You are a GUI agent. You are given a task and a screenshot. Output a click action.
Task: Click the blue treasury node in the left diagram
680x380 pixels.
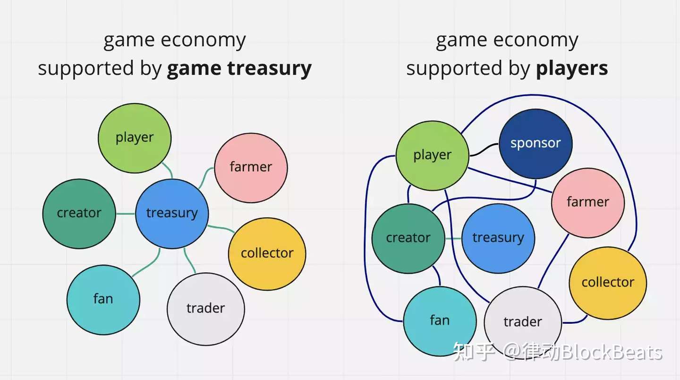[172, 214]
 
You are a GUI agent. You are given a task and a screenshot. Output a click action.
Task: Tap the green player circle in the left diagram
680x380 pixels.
[135, 138]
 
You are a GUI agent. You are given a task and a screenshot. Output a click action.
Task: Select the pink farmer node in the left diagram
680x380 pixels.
[251, 167]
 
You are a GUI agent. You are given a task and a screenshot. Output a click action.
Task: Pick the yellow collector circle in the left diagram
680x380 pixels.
[267, 254]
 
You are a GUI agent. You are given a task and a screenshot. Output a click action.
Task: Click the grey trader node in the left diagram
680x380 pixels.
[205, 309]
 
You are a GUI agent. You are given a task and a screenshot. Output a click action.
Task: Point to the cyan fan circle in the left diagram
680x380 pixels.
[103, 300]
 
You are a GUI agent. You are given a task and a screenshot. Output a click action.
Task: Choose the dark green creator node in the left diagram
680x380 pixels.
[79, 214]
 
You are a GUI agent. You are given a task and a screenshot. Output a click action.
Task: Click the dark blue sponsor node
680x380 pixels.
[535, 144]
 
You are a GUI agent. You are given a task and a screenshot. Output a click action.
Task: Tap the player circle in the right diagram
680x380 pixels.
[432, 155]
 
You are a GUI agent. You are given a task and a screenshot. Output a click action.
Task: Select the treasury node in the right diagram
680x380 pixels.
[498, 238]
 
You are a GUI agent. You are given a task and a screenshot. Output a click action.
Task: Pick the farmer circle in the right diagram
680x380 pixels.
[587, 202]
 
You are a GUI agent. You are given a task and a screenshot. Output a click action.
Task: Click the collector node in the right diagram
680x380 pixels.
[607, 283]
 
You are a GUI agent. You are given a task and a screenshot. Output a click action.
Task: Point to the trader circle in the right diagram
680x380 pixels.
[523, 323]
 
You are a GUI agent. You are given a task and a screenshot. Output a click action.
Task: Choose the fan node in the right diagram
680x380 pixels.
[440, 321]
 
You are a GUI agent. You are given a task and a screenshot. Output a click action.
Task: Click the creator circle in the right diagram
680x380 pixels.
[408, 238]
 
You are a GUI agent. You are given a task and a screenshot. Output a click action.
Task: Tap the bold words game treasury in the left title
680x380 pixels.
[239, 69]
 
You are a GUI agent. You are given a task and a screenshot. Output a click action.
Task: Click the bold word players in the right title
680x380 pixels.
[571, 69]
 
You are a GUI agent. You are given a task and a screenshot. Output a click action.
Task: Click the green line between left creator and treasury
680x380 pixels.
[125, 214]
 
